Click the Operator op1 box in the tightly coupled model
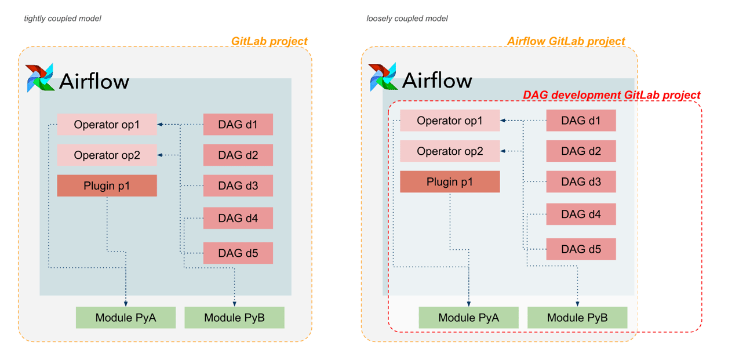[x=107, y=125]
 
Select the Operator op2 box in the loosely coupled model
[x=450, y=151]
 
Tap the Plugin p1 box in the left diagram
[x=107, y=186]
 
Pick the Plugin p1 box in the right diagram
[x=450, y=182]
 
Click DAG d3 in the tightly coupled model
[x=238, y=186]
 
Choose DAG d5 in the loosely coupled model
[x=581, y=249]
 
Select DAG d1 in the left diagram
[x=238, y=125]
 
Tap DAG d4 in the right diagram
[x=581, y=214]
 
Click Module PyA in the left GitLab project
[x=125, y=318]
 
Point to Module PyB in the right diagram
[x=577, y=318]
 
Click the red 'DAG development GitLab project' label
[x=611, y=95]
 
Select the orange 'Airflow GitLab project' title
[x=566, y=41]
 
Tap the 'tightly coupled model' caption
[x=63, y=19]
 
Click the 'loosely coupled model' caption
[x=407, y=19]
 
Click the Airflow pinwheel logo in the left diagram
[x=40, y=78]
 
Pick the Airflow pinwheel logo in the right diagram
[x=383, y=77]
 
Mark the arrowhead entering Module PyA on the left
[x=126, y=303]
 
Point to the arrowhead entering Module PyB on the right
[x=578, y=303]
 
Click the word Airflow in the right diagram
[x=437, y=80]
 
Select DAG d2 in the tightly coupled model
[x=238, y=155]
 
